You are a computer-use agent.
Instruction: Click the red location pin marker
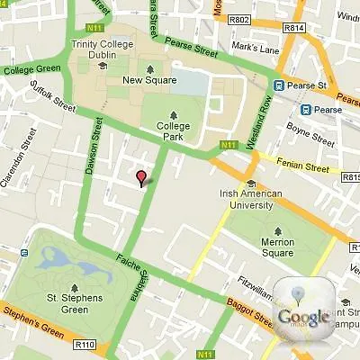click(140, 177)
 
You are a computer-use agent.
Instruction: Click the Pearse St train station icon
click(280, 85)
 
